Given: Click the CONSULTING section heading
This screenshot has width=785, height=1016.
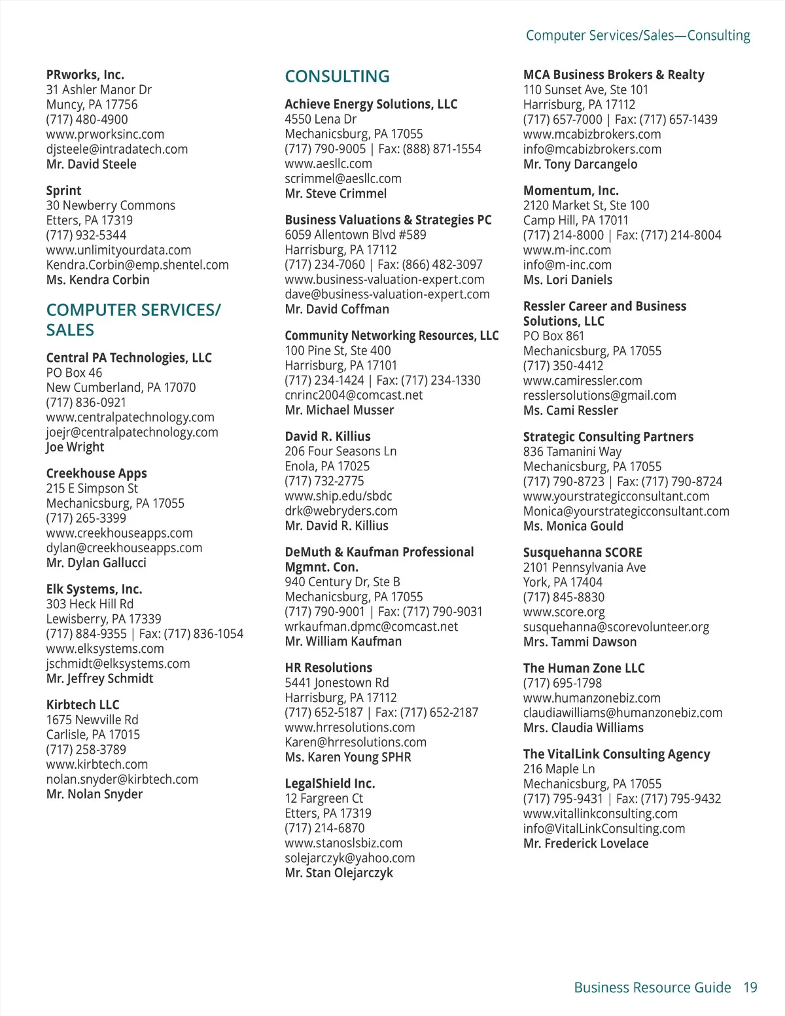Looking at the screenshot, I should [x=337, y=77].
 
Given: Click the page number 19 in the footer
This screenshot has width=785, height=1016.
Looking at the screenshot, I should [x=750, y=987].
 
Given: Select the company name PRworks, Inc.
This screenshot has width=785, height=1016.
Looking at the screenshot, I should [x=85, y=75].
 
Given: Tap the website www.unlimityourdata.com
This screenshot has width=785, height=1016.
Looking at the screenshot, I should [x=118, y=250].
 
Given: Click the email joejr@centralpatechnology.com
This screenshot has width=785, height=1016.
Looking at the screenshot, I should [x=132, y=432].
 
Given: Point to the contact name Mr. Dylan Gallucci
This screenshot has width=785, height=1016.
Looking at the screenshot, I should [x=96, y=563].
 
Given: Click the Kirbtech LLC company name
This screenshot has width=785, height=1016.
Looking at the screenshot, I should [x=82, y=705].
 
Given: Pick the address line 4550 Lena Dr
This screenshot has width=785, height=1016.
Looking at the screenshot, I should [x=321, y=119].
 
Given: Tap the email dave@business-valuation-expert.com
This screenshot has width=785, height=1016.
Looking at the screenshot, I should [x=387, y=294].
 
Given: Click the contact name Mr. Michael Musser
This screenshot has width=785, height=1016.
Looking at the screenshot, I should [x=340, y=410].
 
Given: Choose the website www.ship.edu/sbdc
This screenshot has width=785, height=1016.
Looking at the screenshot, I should [x=338, y=496].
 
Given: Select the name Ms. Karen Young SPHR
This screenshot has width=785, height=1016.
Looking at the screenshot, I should [x=348, y=757].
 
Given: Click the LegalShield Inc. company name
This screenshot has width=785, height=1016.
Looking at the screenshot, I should [x=330, y=783].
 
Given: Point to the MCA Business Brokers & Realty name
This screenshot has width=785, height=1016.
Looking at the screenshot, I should [x=614, y=75].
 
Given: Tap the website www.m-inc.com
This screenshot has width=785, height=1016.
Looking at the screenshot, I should [x=567, y=250].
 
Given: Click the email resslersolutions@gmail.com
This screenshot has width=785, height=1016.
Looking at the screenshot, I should [x=600, y=395].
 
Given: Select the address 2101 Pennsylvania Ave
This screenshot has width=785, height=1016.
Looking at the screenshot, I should [x=584, y=567].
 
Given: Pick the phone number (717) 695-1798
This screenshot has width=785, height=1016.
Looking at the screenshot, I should [x=563, y=683].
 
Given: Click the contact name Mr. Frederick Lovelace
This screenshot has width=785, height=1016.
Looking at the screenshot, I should [x=586, y=843].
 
